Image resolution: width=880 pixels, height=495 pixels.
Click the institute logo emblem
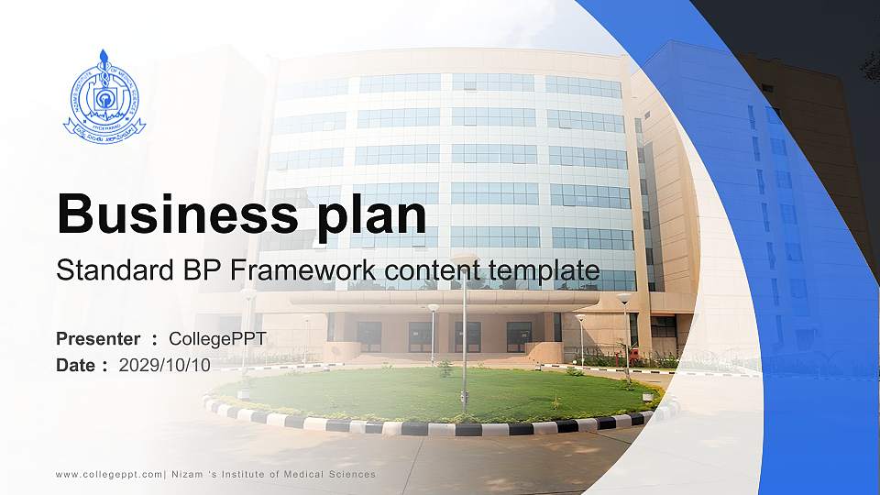(x=104, y=96)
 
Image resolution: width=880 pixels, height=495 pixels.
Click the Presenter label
(x=98, y=339)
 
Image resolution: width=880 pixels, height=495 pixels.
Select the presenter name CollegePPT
(x=217, y=339)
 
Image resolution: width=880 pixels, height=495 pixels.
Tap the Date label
(x=76, y=365)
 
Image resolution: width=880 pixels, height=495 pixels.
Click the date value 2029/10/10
(x=165, y=365)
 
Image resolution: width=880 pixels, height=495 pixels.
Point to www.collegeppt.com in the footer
(x=108, y=474)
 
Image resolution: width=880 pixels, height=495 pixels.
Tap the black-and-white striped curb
(x=440, y=428)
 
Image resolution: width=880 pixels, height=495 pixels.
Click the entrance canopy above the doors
(x=445, y=299)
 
